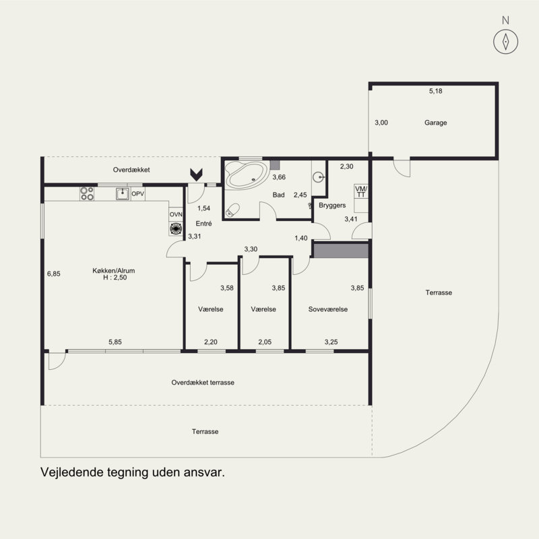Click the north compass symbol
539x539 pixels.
tap(505, 42)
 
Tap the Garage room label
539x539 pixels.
tap(435, 123)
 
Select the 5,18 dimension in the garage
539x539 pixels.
tap(435, 91)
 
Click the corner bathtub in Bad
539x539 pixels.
tap(245, 175)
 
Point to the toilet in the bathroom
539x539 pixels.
tap(232, 210)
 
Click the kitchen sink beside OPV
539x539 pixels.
tap(123, 194)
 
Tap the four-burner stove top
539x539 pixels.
tap(87, 193)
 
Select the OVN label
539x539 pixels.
tap(176, 214)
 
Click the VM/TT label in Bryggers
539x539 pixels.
tap(361, 191)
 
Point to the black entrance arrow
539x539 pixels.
tap(196, 175)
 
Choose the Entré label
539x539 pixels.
tap(203, 224)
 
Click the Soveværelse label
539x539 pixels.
tap(328, 309)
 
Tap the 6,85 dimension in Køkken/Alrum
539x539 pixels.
tap(54, 274)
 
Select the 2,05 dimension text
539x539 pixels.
tap(265, 342)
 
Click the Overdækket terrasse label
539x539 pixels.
tap(203, 383)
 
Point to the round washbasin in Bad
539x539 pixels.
tap(318, 177)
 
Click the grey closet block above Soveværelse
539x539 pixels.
tap(341, 251)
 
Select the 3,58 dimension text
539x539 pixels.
tap(227, 288)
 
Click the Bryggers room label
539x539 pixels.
tap(332, 205)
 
